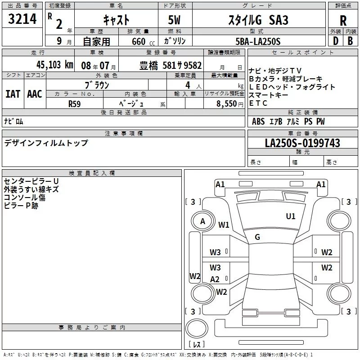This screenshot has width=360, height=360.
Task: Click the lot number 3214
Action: pos(22,19)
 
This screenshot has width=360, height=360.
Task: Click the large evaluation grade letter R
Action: pos(343,21)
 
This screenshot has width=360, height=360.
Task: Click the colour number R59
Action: pos(74,103)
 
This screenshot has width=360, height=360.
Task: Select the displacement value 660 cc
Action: pos(139,41)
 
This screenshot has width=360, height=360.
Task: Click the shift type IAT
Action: pos(13,94)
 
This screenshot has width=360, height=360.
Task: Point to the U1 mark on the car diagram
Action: pos(291,216)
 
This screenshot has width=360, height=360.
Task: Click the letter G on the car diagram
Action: pos(257,237)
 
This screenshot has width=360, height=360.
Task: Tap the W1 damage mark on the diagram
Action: pos(224,225)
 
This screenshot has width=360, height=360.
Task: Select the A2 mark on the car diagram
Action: pos(215,279)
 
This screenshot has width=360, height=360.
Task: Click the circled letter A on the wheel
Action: pos(202,221)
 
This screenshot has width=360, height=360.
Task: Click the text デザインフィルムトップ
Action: pos(46,143)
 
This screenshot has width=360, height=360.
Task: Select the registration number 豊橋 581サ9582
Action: pos(171,64)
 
